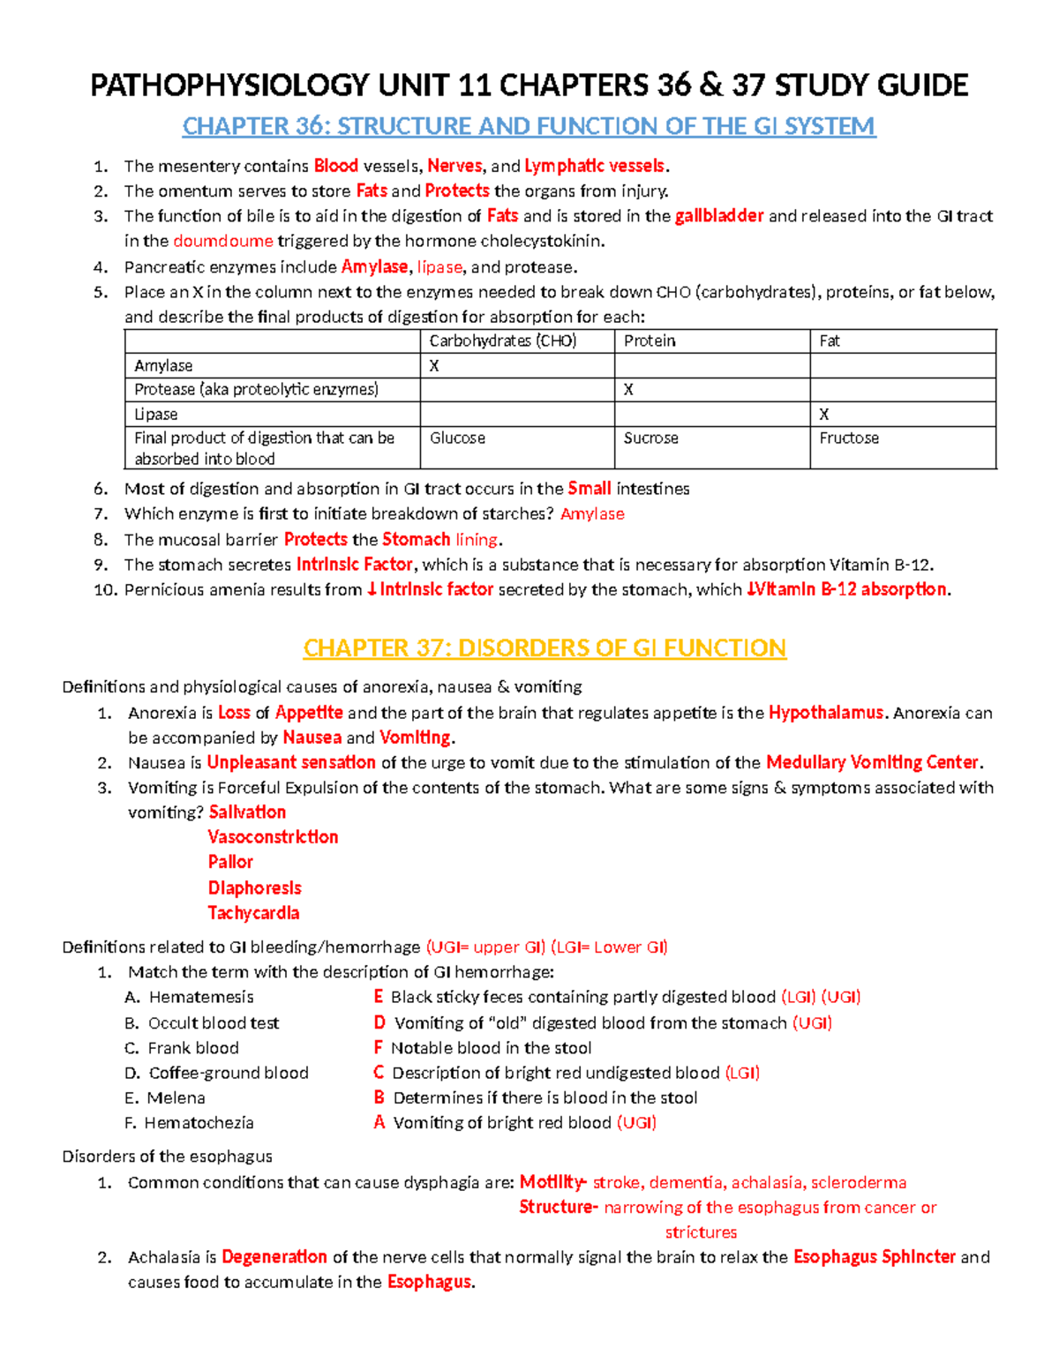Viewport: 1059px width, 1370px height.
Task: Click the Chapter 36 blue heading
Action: click(529, 126)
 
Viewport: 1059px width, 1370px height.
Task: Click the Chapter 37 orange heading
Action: click(545, 648)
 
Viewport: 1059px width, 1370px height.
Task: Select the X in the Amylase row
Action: click(434, 365)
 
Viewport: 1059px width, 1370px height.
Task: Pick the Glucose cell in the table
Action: click(457, 438)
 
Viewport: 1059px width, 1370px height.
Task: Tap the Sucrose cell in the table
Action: click(650, 438)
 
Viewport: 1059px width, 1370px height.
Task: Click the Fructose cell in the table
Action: click(849, 438)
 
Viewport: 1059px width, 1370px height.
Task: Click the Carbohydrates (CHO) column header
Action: click(502, 341)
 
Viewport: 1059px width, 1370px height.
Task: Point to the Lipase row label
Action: click(156, 414)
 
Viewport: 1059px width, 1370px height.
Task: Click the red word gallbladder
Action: click(719, 216)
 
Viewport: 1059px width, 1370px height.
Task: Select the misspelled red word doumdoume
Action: click(223, 241)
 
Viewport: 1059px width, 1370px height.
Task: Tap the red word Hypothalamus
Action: click(826, 713)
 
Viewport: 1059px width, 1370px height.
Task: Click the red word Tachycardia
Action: click(253, 913)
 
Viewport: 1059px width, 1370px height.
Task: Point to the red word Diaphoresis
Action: click(254, 888)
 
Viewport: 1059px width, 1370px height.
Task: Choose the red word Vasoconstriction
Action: click(273, 837)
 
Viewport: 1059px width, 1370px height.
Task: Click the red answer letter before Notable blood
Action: click(378, 1048)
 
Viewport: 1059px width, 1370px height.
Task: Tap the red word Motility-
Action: click(552, 1182)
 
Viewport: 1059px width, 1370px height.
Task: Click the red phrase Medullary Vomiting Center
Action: click(872, 762)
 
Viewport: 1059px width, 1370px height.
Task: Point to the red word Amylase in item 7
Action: click(592, 513)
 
